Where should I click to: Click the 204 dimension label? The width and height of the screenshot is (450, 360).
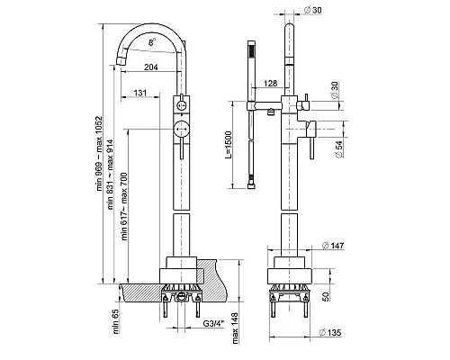pos(151,67)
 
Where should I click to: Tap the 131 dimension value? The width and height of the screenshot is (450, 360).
pos(140,93)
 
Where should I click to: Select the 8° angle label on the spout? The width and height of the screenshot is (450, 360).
pos(152,42)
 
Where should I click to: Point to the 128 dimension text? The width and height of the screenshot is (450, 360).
pos(270,83)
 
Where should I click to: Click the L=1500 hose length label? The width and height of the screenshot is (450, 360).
pos(229,145)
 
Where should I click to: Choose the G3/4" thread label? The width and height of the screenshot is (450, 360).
pos(213,324)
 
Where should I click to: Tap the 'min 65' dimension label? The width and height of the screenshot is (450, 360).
pos(116,321)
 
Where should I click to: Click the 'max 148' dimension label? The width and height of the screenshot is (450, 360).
pos(235,328)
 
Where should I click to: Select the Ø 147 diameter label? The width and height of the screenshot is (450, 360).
pos(333,246)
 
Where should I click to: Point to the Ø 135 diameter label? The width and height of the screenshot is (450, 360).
pos(330,332)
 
